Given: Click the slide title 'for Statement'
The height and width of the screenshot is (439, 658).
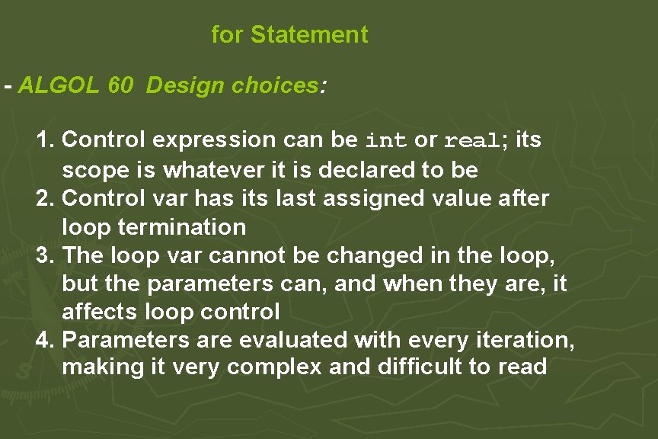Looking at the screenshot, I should pos(289,34).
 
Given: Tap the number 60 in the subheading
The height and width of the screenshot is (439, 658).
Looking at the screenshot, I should pos(120,85).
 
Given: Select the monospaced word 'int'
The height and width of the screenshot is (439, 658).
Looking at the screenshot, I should pos(387,141).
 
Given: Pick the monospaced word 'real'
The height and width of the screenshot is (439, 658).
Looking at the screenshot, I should pos(471,141).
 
